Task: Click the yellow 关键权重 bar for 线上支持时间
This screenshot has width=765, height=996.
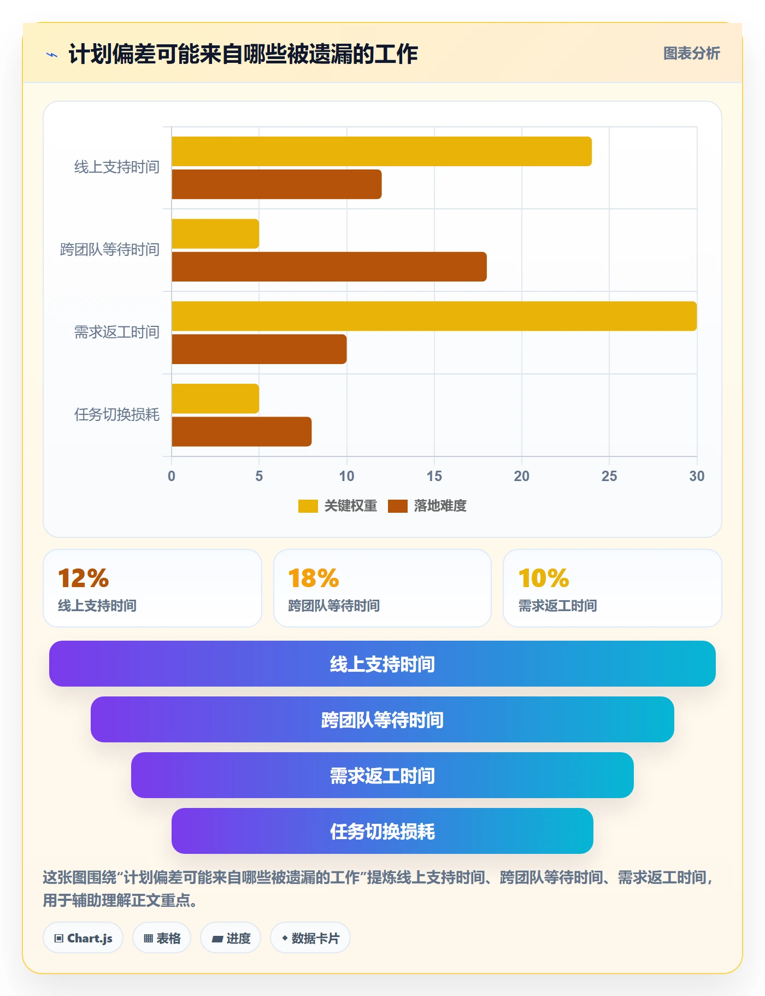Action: coord(381,151)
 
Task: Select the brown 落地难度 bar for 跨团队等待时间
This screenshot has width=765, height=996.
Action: coord(329,267)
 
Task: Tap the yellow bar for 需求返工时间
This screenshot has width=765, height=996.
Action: coord(434,316)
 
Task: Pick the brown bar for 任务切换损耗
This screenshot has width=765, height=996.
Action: coord(242,432)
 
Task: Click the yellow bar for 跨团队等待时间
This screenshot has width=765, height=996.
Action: coord(215,234)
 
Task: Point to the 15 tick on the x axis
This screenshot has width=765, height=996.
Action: coord(434,476)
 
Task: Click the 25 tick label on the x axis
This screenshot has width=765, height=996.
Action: coord(609,476)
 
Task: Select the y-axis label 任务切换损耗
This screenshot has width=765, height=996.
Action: coord(117,415)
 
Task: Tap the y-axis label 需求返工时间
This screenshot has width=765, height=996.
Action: coord(117,332)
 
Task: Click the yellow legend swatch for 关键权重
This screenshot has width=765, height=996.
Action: coord(308,506)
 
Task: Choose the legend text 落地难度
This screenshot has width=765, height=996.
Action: coord(440,506)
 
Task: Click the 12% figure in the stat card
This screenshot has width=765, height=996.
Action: coord(84,578)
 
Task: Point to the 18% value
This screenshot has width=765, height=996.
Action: coord(314,578)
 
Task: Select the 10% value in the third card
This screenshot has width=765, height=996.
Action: coord(544,578)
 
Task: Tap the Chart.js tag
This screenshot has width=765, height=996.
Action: coord(83,938)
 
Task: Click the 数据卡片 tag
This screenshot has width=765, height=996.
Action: coord(310,938)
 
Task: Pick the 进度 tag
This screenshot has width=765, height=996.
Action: coord(231,938)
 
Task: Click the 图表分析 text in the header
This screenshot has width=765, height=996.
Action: coord(692,54)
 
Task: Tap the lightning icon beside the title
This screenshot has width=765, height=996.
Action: coord(52,55)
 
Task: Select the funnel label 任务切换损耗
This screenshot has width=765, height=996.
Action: coord(382,831)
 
